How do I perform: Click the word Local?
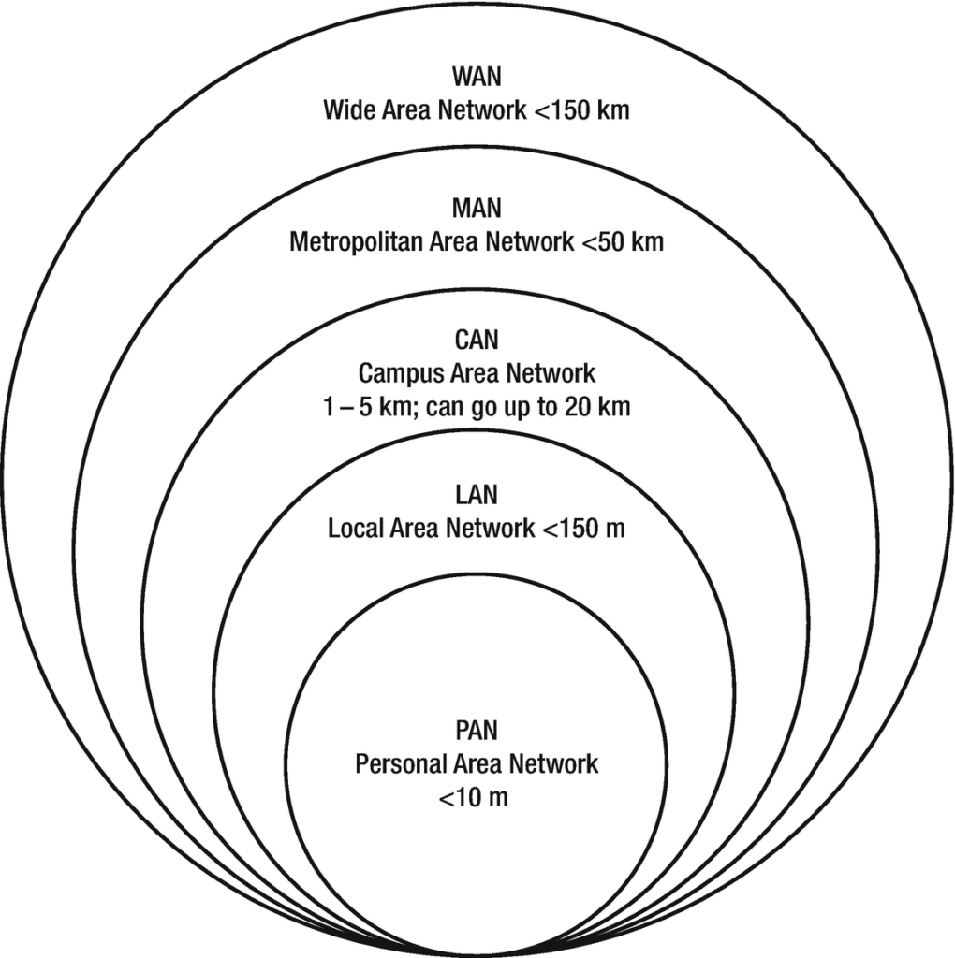pos(352,529)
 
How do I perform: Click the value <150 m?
pos(581,529)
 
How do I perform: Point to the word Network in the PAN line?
pos(552,763)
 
